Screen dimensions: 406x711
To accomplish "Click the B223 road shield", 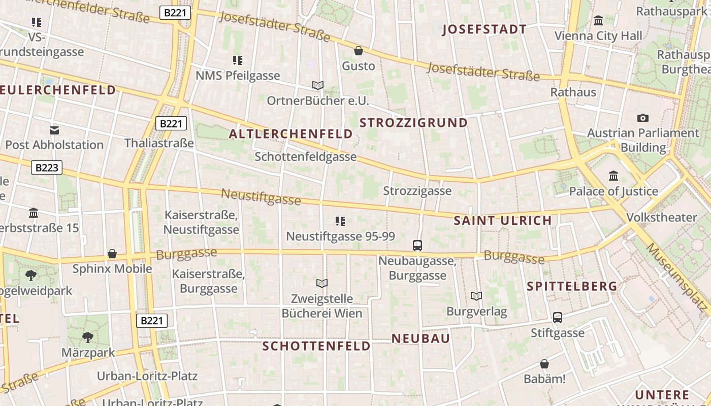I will click(47, 167).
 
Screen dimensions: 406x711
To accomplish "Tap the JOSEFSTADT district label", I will click(484, 29).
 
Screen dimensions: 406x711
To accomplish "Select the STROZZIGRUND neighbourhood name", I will click(413, 123).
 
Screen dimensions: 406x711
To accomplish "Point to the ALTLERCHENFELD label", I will click(290, 134).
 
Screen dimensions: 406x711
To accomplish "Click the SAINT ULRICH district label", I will click(502, 220).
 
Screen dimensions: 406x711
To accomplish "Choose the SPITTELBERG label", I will click(572, 286).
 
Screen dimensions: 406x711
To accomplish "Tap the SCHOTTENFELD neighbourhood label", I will click(316, 346).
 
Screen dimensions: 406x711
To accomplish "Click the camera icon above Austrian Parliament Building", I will click(643, 118).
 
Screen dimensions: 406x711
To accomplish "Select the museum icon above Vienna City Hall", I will click(598, 21).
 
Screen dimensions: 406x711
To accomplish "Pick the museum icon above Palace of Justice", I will click(613, 176).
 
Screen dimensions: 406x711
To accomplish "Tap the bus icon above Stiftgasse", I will click(558, 318).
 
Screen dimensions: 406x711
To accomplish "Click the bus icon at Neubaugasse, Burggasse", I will click(417, 246).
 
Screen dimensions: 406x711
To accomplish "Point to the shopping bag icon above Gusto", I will click(359, 51).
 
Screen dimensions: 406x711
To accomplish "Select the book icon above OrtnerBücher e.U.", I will click(318, 85).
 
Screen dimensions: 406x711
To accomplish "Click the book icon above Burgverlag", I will click(476, 296).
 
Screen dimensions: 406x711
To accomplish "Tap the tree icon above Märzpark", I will click(88, 337).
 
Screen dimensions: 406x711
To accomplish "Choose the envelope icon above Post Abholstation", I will click(54, 130).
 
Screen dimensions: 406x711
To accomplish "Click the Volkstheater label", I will click(661, 217).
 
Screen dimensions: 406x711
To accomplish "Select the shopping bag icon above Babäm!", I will click(544, 364).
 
